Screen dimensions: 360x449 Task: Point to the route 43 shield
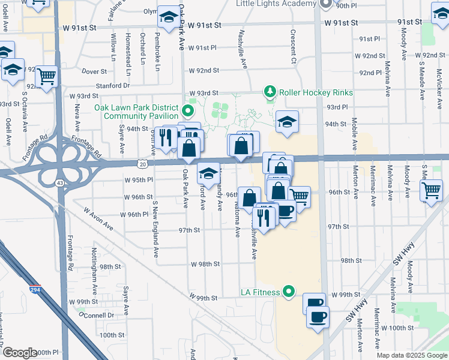pos(60,182)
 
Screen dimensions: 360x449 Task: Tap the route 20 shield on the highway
pos(142,163)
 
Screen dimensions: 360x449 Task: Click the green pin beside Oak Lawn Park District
pos(187,111)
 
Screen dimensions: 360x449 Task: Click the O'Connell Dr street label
pos(96,314)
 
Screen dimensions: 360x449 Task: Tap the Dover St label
pos(94,71)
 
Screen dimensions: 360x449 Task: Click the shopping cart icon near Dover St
pos(46,76)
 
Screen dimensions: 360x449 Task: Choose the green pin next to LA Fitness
pos(289,292)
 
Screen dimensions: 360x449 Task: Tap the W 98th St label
pos(206,264)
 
